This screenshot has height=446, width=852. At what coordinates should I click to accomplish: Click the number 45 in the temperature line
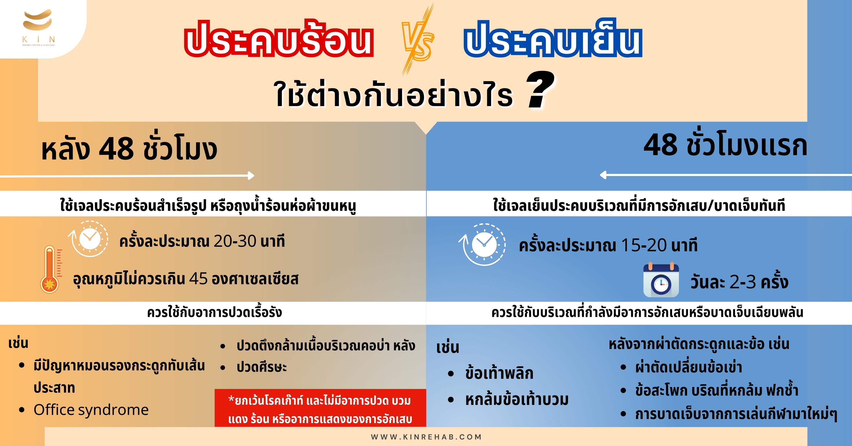tap(198, 279)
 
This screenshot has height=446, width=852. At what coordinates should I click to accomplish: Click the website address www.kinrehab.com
tap(426, 437)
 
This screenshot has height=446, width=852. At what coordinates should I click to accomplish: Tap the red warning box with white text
tap(320, 408)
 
